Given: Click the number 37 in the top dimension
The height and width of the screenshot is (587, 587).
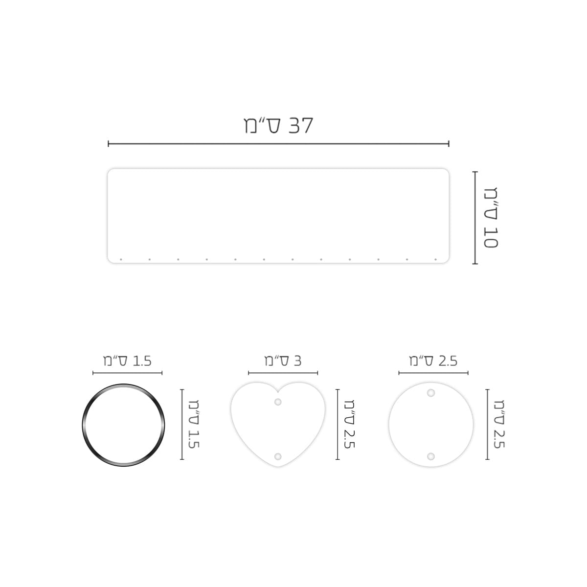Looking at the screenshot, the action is (x=300, y=126).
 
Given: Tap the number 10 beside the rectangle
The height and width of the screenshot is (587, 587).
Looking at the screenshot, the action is (x=491, y=238).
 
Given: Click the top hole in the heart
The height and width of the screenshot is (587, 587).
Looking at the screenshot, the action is (x=277, y=402).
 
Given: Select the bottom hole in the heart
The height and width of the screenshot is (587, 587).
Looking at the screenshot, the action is (x=277, y=456).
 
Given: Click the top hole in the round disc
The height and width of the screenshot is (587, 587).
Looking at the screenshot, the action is (x=431, y=393).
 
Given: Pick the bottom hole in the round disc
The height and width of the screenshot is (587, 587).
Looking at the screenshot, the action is (x=431, y=456).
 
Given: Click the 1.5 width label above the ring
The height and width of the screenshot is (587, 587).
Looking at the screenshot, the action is (x=142, y=361).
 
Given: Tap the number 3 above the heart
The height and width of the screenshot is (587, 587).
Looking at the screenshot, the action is (x=297, y=361).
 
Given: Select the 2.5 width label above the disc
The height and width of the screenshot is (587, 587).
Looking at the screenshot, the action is (x=448, y=361).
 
